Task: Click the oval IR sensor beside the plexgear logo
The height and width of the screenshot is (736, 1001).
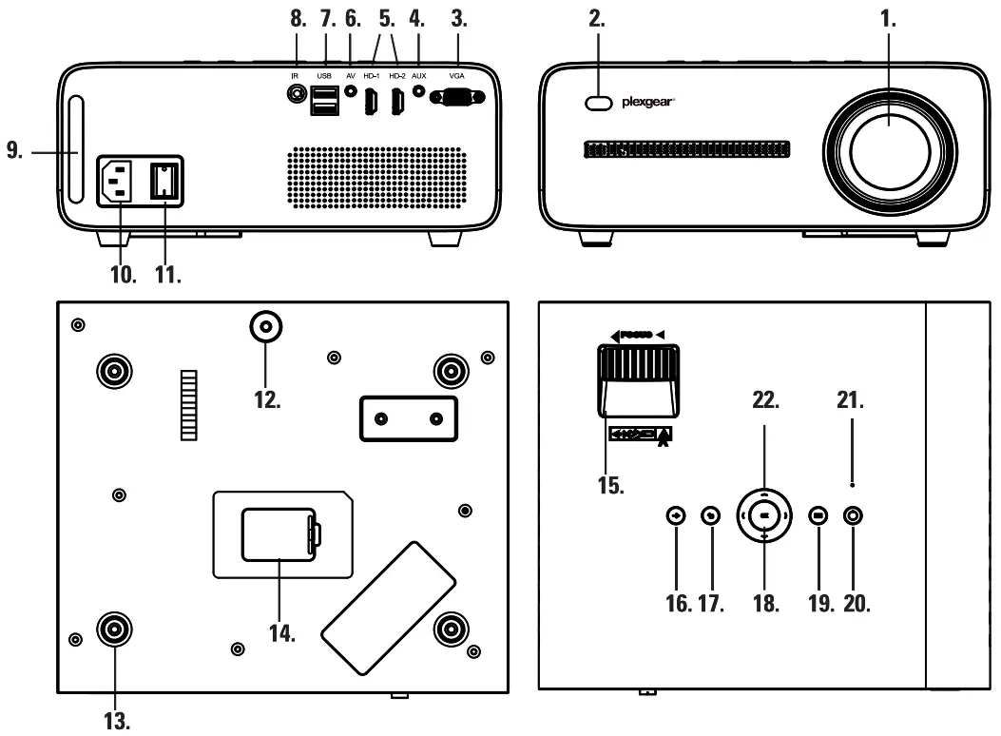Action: coord(598,103)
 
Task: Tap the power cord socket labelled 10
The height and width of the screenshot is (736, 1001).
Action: coord(120,180)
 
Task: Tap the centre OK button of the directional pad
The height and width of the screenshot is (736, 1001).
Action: coord(764,514)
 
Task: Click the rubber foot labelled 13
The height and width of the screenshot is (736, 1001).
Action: coord(115,629)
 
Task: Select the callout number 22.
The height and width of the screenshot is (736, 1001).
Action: coord(764,401)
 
